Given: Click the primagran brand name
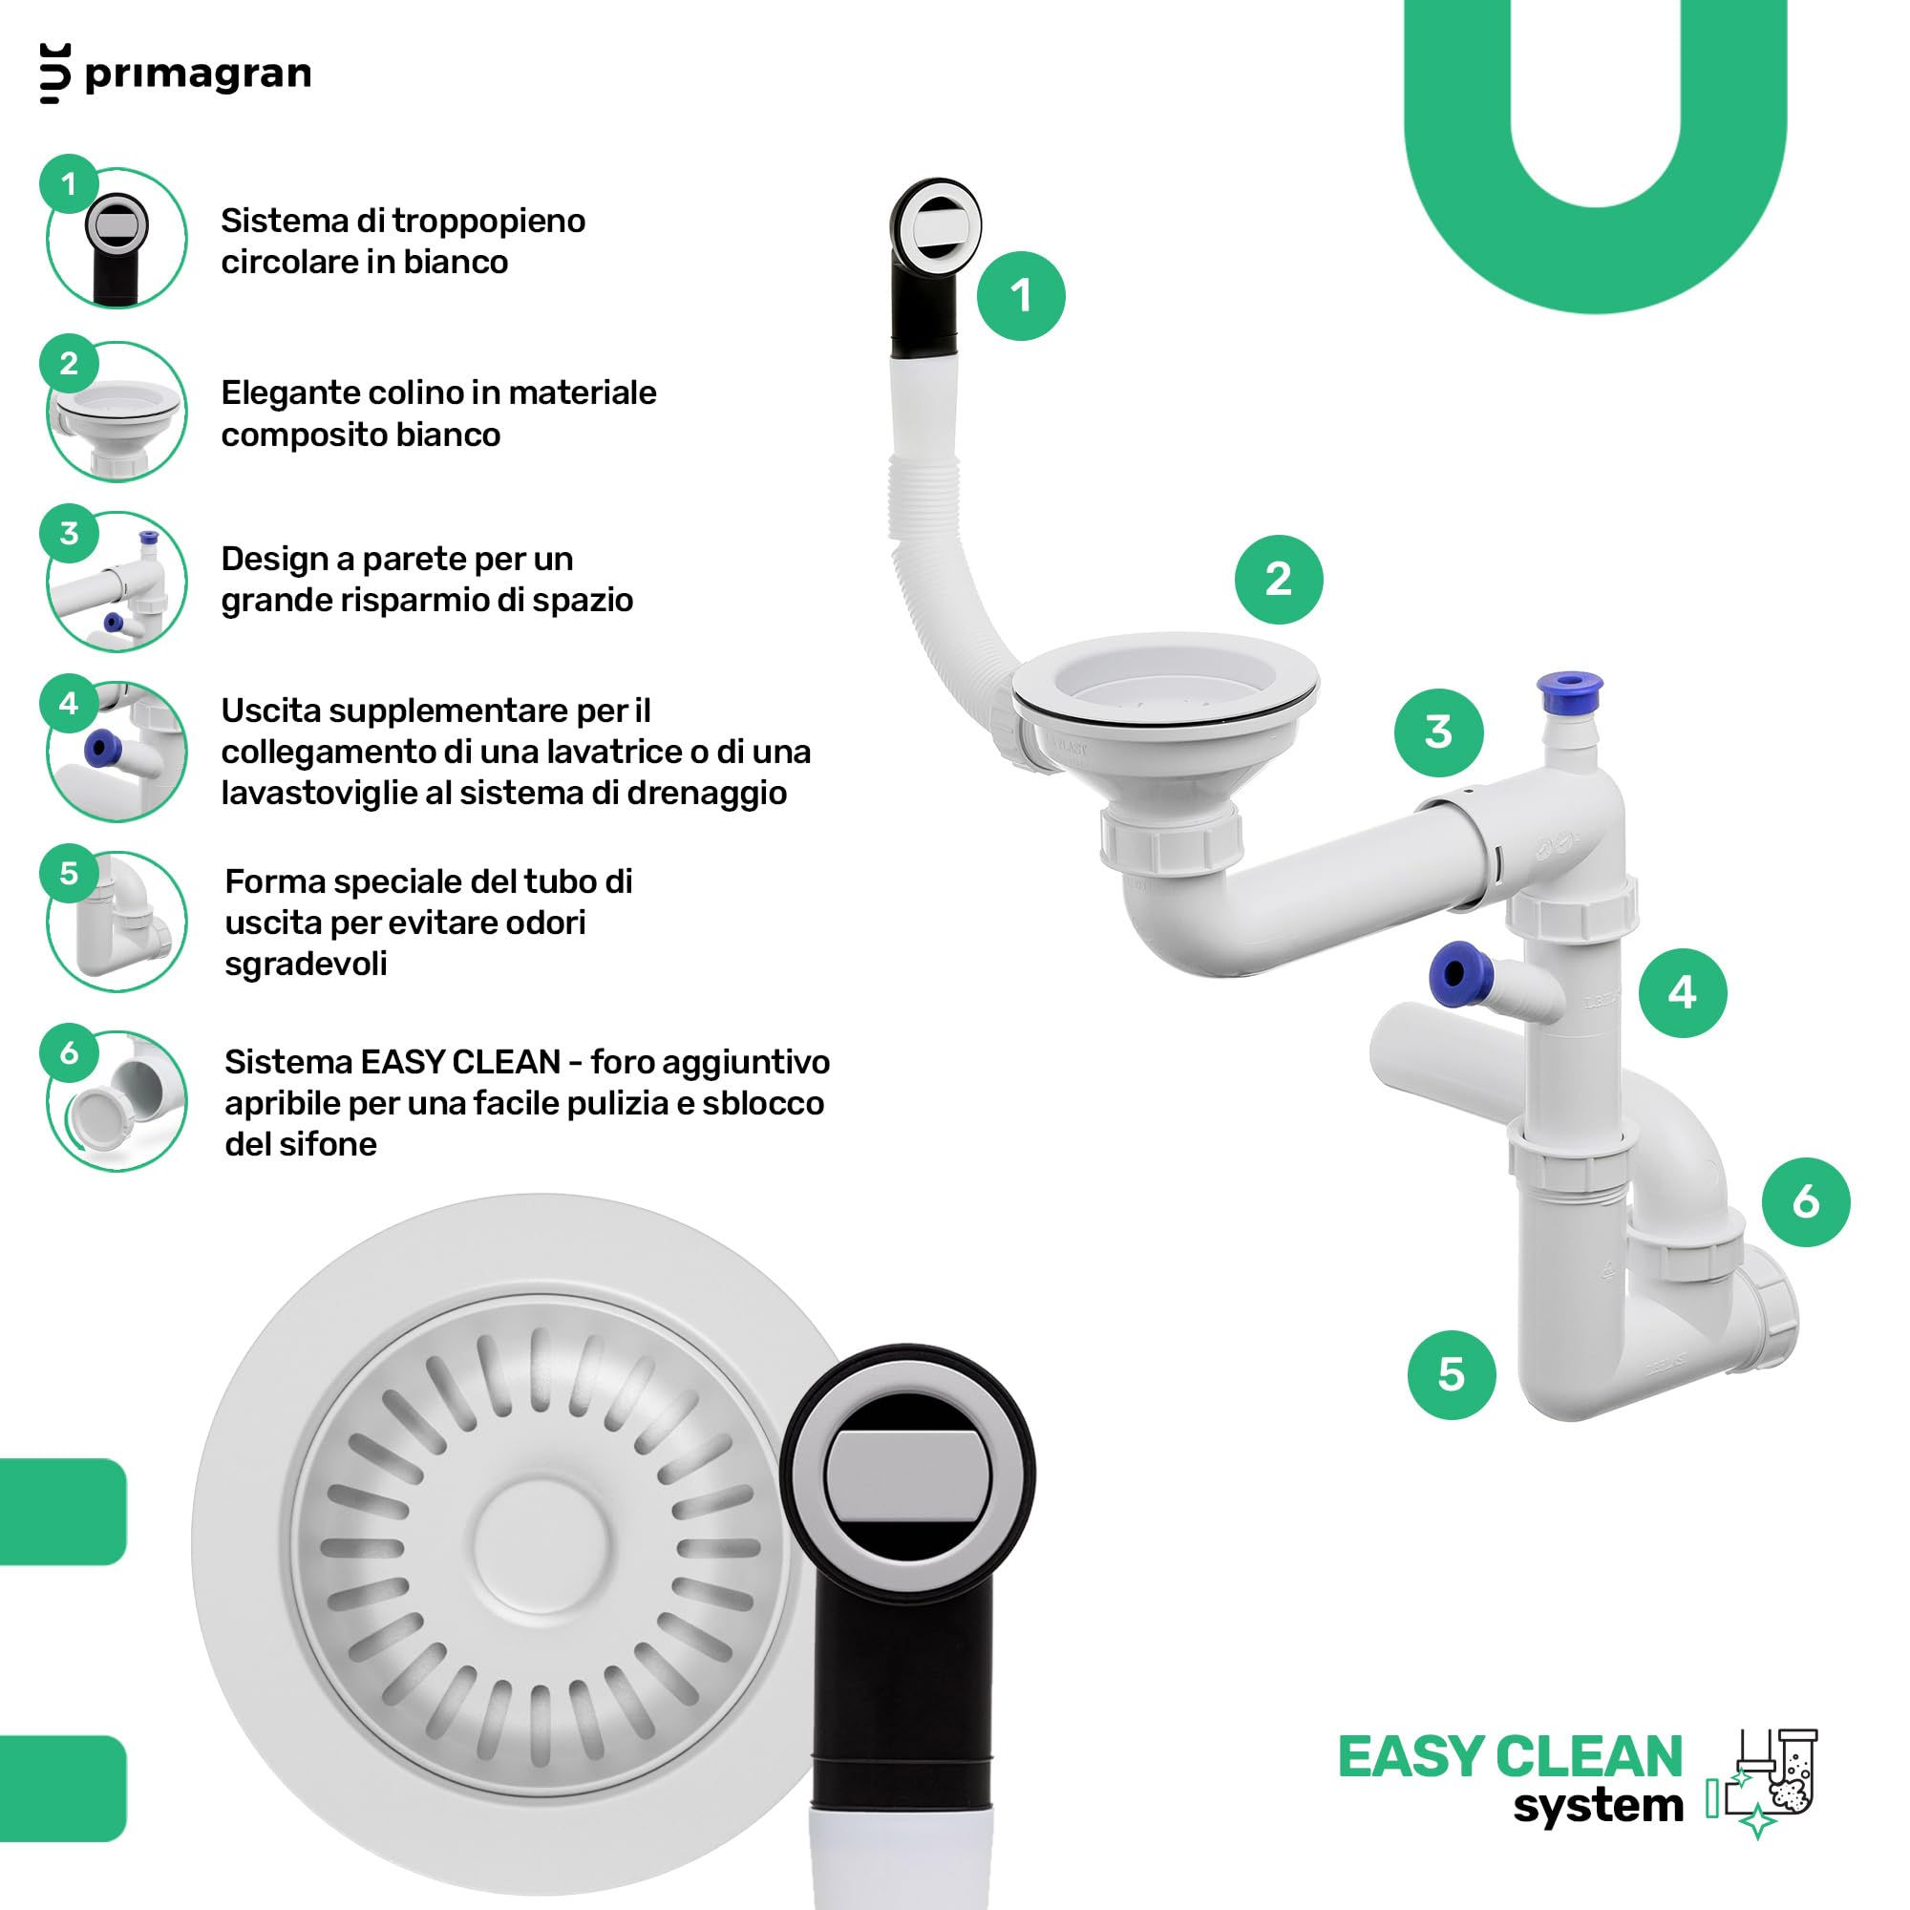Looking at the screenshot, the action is point(198,75).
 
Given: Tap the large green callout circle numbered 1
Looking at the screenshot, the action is point(1021,297).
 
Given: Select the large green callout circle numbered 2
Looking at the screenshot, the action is point(1279,580).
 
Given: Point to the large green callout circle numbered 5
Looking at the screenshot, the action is point(1452,1375).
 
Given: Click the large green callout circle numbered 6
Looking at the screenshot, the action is point(1805,1202).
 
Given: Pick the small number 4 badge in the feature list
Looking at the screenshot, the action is point(69,704).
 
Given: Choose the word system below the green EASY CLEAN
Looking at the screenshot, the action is point(1598,1806).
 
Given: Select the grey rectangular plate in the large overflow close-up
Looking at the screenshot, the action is point(907,1478).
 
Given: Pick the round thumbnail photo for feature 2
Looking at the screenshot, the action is point(117,413).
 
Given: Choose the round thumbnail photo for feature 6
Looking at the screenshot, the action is point(117,1101).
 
